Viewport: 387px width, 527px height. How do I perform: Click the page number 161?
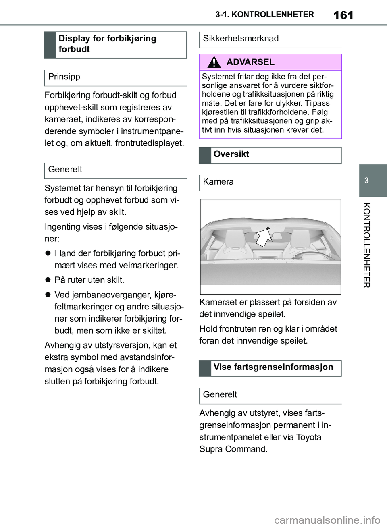coord(343,15)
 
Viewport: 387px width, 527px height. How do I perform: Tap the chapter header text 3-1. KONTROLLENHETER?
coord(264,15)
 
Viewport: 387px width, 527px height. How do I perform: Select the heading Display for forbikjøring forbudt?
coord(107,44)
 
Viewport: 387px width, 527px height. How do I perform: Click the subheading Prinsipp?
coord(64,77)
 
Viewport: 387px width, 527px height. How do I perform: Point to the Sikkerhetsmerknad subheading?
coord(241,39)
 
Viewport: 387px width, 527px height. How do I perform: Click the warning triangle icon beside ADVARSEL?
coord(214,62)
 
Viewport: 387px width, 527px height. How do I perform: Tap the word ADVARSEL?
coord(250,62)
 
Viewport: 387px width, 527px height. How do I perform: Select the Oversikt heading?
coord(231,154)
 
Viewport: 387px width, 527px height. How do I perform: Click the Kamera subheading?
coord(218,182)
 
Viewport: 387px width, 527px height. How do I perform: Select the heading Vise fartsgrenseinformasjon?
coord(273,367)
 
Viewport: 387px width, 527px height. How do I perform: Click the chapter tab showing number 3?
coord(366,181)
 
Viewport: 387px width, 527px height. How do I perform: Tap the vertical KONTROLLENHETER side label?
coord(366,245)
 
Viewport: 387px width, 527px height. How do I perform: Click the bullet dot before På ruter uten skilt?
coord(48,280)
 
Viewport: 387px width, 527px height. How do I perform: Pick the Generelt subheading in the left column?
coord(65,170)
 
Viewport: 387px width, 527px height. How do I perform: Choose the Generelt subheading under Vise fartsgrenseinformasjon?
coord(220,394)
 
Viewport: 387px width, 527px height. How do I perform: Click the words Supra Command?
coord(233,449)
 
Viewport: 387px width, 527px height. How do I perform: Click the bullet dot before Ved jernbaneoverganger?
coord(48,295)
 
